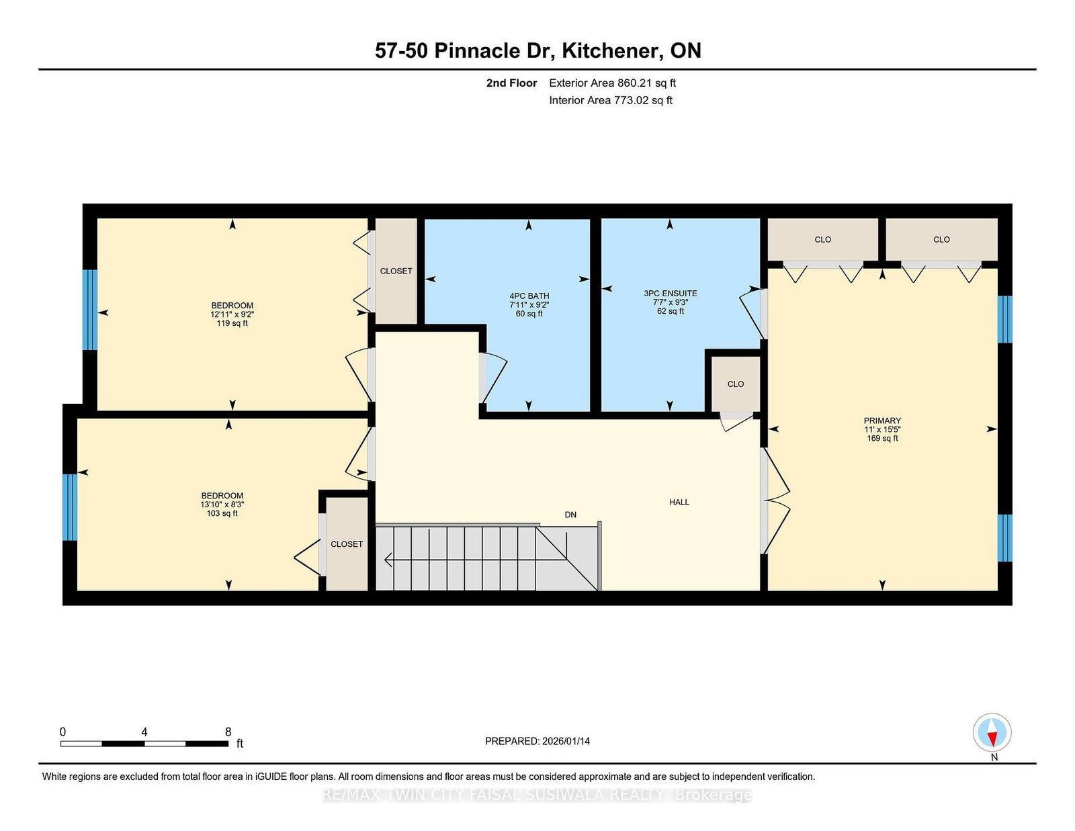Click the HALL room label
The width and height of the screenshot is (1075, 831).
pyautogui.click(x=679, y=502)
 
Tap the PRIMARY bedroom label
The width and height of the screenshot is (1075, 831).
pyautogui.click(x=882, y=421)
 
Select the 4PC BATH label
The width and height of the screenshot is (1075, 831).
pyautogui.click(x=529, y=296)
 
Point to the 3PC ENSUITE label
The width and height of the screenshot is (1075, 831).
pyautogui.click(x=671, y=294)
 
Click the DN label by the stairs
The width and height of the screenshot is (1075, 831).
pyautogui.click(x=570, y=515)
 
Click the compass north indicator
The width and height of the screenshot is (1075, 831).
pyautogui.click(x=992, y=732)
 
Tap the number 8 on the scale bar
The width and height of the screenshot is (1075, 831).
pyautogui.click(x=228, y=732)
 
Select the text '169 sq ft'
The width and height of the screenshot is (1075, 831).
pyautogui.click(x=882, y=438)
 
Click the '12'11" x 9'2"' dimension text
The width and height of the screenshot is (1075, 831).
pyautogui.click(x=232, y=314)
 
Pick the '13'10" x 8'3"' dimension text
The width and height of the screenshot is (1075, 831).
pyautogui.click(x=222, y=505)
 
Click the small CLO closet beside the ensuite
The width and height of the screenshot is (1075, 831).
pyautogui.click(x=736, y=384)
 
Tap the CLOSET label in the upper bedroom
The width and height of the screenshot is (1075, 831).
pyautogui.click(x=396, y=271)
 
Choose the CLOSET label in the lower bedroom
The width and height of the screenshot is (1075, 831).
pyautogui.click(x=346, y=544)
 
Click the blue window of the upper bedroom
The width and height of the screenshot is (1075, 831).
pyautogui.click(x=89, y=310)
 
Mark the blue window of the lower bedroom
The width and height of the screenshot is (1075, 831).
pyautogui.click(x=70, y=507)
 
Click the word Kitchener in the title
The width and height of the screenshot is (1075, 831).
pyautogui.click(x=613, y=50)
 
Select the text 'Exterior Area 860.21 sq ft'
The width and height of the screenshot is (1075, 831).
pyautogui.click(x=612, y=83)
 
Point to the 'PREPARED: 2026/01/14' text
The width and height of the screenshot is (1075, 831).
pyautogui.click(x=537, y=741)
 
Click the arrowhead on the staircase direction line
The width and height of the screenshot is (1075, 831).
pyautogui.click(x=388, y=560)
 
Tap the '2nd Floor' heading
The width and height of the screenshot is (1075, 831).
pyautogui.click(x=511, y=83)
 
